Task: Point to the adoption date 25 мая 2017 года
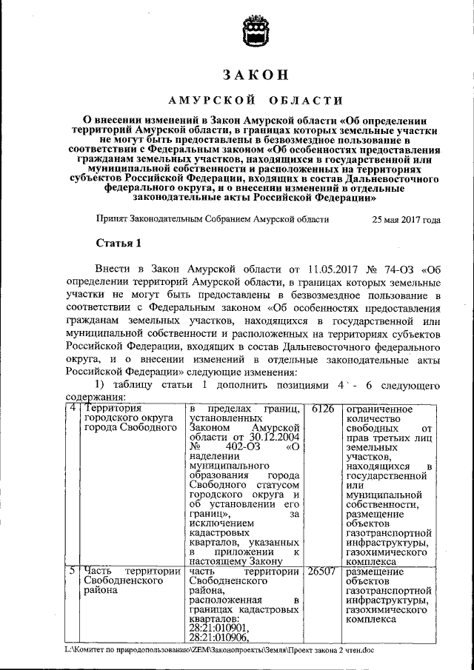pyautogui.click(x=406, y=219)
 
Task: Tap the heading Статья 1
pyautogui.click(x=118, y=243)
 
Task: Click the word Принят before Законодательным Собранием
pyautogui.click(x=112, y=219)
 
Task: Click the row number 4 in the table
pyautogui.click(x=73, y=409)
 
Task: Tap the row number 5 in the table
pyautogui.click(x=73, y=572)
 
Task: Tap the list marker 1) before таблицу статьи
pyautogui.click(x=101, y=386)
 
